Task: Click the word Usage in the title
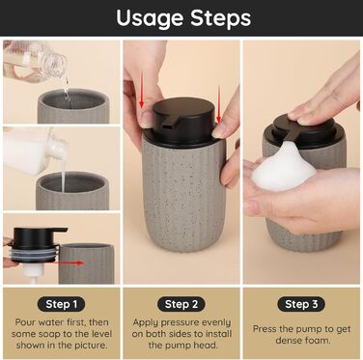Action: point(151,18)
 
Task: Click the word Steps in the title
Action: point(221,18)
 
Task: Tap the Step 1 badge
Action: point(62,304)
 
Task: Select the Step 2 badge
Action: point(181,304)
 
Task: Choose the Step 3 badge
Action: point(301,304)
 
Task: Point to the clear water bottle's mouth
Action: point(61,65)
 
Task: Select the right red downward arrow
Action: point(219,104)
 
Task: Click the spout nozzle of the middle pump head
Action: point(167,124)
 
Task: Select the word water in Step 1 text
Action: point(52,322)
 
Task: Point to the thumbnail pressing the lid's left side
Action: point(147,120)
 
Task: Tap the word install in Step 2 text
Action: point(213,334)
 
